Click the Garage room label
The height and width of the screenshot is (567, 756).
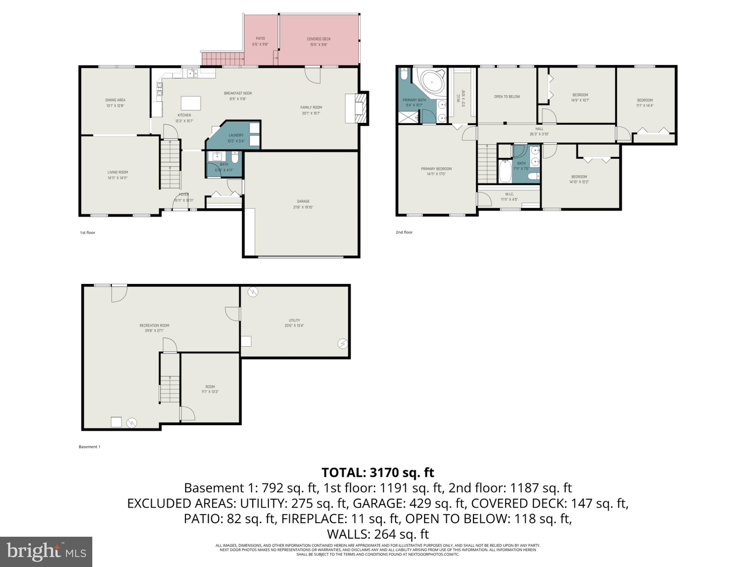coord(303,204)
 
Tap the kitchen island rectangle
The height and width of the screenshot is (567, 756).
coord(190,103)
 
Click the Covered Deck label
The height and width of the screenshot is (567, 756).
coord(319,42)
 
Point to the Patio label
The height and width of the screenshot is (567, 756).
coord(260,41)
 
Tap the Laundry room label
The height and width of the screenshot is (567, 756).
coord(236,138)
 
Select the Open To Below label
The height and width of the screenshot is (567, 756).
coord(507,97)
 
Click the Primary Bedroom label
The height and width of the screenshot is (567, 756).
coord(436,171)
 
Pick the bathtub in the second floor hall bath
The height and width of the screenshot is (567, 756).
coord(505,171)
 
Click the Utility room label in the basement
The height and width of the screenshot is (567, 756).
coord(294,323)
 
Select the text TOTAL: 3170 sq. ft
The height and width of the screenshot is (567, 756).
coord(378,472)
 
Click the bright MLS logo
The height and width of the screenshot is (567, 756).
coord(46,551)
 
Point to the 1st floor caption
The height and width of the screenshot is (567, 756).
coord(87,233)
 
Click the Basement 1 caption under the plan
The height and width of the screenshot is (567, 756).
coord(89,447)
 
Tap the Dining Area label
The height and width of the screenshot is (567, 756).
coord(115,103)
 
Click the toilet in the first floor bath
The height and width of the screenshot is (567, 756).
coord(235,158)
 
